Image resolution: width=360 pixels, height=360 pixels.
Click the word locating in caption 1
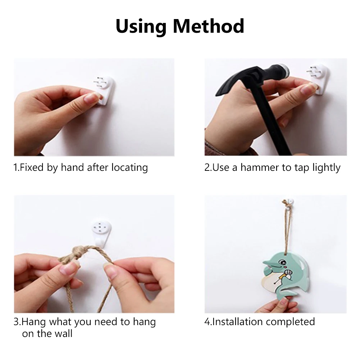(x=128, y=168)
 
